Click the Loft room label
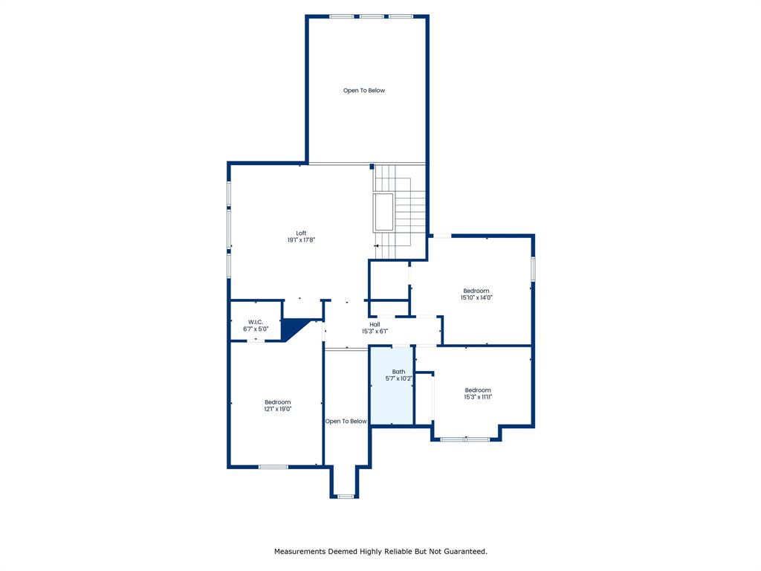[x=301, y=233]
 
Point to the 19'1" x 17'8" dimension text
[x=301, y=240]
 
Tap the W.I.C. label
[x=256, y=322]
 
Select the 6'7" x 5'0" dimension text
[x=256, y=329]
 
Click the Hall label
[x=375, y=324]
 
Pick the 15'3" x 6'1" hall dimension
[x=375, y=331]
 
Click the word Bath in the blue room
[x=399, y=372]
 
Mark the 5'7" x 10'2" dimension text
[x=399, y=378]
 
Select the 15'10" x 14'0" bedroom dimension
[x=476, y=297]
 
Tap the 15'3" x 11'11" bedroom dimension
[x=478, y=397]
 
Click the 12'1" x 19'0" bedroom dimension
[x=277, y=409]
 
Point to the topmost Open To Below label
[x=364, y=91]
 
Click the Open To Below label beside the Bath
[x=346, y=422]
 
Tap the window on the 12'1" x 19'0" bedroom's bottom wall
[x=273, y=467]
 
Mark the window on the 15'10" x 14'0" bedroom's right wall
[x=533, y=268]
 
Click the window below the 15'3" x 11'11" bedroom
[x=464, y=439]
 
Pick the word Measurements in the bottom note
[x=299, y=552]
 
